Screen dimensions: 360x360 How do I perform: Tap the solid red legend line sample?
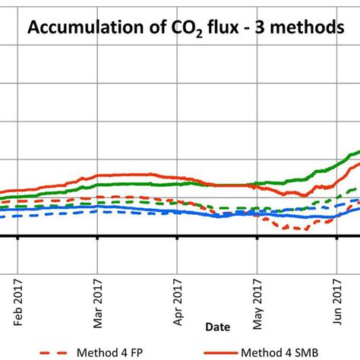pos(227,352)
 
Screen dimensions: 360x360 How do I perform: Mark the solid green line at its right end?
pos(357,151)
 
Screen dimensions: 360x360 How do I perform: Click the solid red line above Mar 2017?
pos(98,177)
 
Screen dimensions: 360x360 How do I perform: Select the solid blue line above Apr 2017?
pos(177,210)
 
